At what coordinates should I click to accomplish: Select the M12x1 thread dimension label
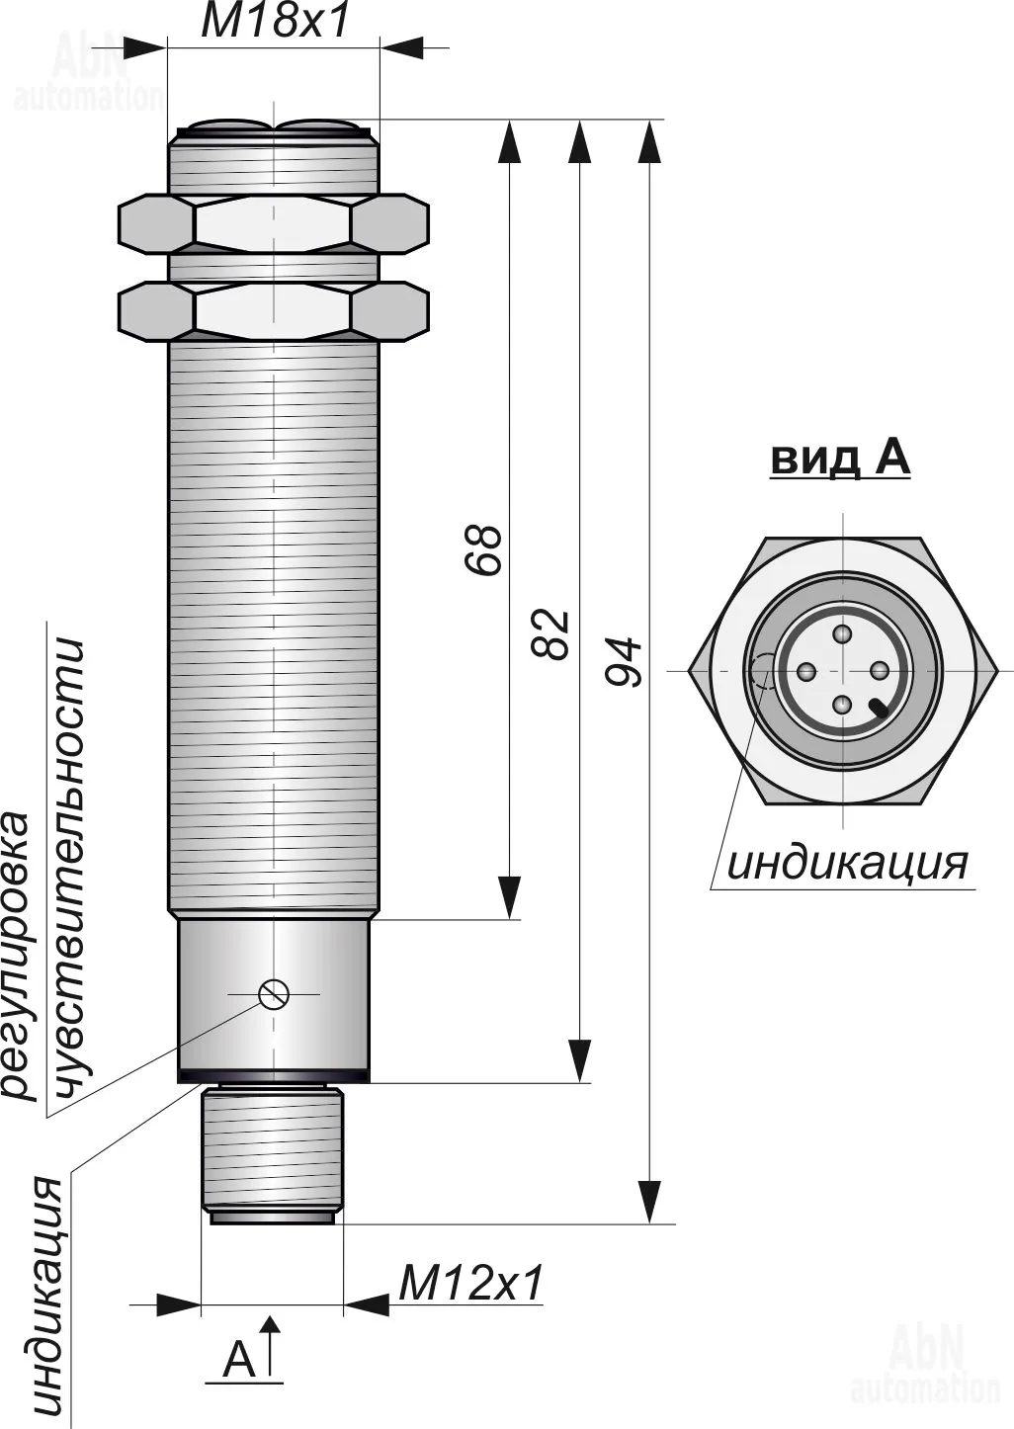tap(471, 1284)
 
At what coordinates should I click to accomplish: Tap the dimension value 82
tap(551, 633)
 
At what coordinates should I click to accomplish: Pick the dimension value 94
tap(625, 662)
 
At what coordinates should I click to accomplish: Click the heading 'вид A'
tap(840, 459)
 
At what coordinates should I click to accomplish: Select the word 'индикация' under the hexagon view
tap(847, 864)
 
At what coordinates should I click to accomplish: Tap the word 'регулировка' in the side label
tap(20, 954)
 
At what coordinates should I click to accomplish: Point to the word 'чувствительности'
tap(69, 870)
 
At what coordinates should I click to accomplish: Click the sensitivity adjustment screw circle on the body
tap(273, 993)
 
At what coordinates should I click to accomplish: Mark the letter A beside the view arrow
tap(239, 1360)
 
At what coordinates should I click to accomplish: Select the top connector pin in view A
tap(842, 634)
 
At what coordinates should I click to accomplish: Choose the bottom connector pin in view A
tap(842, 705)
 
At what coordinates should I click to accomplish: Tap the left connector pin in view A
tap(806, 672)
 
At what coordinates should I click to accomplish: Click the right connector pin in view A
tap(878, 671)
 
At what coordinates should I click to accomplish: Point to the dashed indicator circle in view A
tap(763, 672)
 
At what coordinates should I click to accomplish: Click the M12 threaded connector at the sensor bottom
tap(273, 1151)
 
